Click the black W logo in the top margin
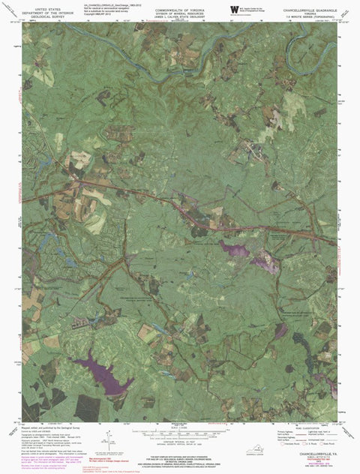(233, 9)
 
